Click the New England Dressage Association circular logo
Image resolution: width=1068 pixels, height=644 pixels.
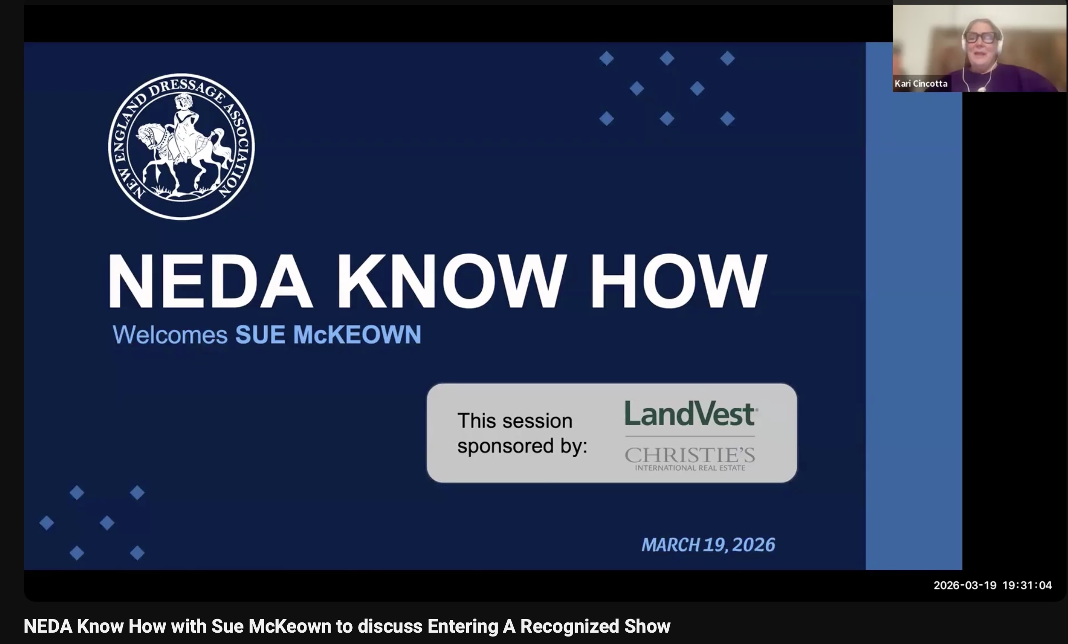181,146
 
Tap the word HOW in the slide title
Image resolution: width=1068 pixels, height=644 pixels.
678,281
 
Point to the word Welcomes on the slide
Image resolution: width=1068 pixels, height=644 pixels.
170,335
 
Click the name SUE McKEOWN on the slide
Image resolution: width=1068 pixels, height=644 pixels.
328,335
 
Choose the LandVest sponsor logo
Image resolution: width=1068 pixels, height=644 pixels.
691,413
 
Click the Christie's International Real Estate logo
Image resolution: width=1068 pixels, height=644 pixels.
690,459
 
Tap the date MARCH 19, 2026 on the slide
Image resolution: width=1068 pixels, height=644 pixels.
708,545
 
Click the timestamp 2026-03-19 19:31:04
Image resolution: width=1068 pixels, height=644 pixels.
993,585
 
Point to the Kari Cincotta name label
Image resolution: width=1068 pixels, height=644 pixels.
921,83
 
